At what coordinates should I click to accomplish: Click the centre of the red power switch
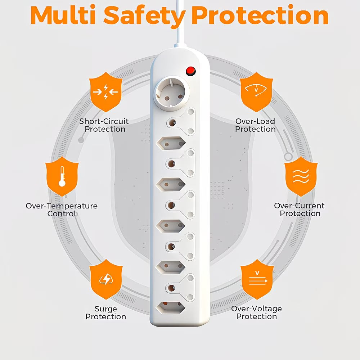click(x=190, y=71)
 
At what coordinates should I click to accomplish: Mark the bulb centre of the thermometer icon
click(x=62, y=183)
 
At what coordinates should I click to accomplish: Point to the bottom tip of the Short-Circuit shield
click(x=105, y=112)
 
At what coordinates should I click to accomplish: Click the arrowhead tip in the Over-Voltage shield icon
click(x=267, y=281)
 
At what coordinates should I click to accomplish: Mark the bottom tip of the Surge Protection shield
click(x=106, y=300)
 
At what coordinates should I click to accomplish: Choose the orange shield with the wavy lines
click(x=301, y=176)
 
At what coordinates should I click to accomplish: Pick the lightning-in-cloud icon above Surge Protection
click(x=106, y=279)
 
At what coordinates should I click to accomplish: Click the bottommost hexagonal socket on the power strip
click(x=171, y=308)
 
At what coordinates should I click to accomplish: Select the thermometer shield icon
click(x=62, y=176)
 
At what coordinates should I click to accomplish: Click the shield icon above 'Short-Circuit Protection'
click(x=105, y=92)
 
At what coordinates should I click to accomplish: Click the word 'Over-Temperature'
click(x=62, y=206)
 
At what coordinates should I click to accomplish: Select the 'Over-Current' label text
click(x=299, y=206)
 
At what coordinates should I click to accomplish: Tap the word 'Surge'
click(x=105, y=309)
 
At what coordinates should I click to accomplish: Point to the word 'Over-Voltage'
click(x=256, y=309)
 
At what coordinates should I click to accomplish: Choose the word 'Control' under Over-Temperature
click(x=62, y=214)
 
